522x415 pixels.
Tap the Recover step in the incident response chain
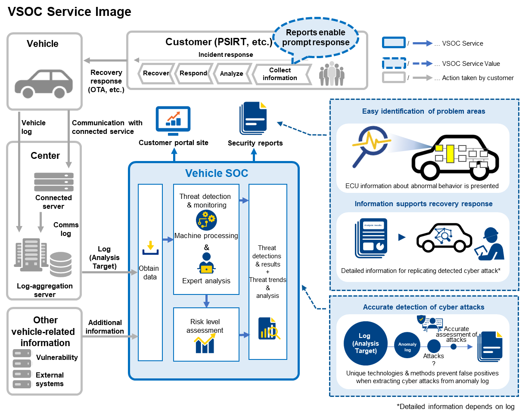[x=156, y=73]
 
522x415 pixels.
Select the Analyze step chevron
[x=232, y=74]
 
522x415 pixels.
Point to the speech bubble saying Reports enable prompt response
[x=316, y=37]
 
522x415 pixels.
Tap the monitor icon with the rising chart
[x=174, y=121]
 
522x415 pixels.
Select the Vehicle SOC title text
[x=217, y=173]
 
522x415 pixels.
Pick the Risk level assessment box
[x=206, y=334]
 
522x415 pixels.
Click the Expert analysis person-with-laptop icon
[x=206, y=263]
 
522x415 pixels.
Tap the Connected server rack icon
[x=54, y=182]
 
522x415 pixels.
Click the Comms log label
[x=66, y=229]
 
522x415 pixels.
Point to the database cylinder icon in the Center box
[x=61, y=264]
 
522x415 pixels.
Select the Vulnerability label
[x=57, y=357]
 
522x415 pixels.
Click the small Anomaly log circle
[x=407, y=347]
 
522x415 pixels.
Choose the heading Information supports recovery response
[x=423, y=204]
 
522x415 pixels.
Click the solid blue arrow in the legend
[x=423, y=43]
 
